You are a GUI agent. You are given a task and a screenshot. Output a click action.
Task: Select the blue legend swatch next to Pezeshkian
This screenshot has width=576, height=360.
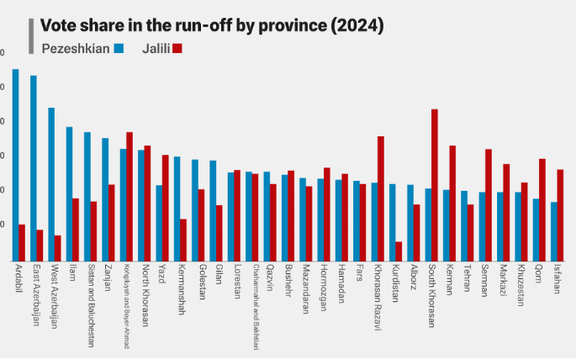(x=119, y=47)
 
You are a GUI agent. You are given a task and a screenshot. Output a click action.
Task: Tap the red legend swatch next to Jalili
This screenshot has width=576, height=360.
(x=177, y=47)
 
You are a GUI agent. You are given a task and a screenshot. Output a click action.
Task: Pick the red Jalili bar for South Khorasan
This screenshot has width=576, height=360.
(x=434, y=184)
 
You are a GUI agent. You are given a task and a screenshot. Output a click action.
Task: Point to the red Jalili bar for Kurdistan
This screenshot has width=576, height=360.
(x=398, y=250)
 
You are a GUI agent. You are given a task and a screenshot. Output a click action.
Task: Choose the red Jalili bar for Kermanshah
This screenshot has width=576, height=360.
(x=183, y=239)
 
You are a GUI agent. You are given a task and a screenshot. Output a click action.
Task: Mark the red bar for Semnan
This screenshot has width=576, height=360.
(x=488, y=204)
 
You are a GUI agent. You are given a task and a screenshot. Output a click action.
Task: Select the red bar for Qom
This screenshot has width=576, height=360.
(x=542, y=209)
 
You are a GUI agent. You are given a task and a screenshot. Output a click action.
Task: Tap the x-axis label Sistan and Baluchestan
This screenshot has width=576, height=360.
(x=89, y=299)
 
